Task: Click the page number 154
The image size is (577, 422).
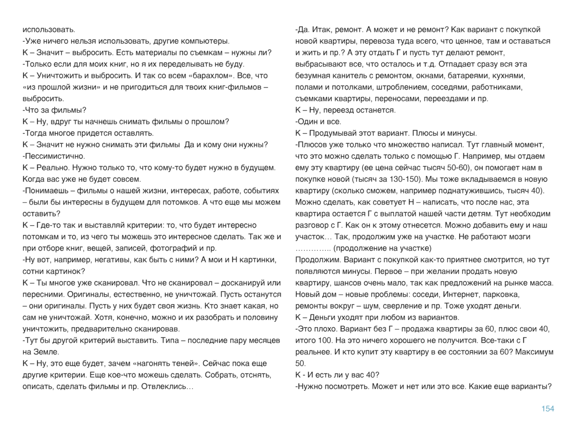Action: (x=548, y=409)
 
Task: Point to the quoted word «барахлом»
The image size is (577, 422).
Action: (x=205, y=76)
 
